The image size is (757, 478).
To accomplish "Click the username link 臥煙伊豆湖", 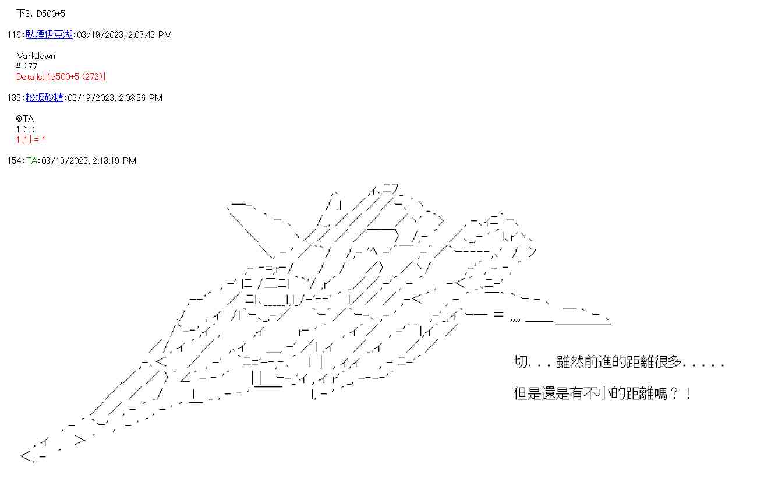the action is point(49,34).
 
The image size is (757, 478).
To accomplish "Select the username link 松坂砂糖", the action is point(44,97).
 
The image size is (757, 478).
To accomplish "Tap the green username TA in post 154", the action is point(32,161).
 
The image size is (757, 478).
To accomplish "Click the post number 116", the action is point(15,35).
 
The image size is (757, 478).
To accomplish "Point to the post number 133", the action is point(15,98).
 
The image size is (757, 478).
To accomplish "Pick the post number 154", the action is point(15,161).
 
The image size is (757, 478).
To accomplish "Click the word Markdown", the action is point(36,56).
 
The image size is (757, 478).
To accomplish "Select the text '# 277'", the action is point(26,66).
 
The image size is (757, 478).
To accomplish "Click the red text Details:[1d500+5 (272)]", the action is point(61,77).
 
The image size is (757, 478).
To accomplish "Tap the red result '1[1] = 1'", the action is point(30,139).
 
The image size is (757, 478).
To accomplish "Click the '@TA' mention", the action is point(24,119).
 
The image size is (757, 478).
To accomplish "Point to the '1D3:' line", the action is point(26,129).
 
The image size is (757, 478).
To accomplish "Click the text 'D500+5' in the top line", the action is point(51,14).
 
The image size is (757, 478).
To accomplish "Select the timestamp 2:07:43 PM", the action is point(150,35).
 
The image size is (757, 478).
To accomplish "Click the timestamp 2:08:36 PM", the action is point(140,98).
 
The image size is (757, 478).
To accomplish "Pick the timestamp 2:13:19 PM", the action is point(114,161).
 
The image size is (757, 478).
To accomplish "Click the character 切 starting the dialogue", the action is point(521,361).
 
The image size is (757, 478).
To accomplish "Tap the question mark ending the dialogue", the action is point(674,393).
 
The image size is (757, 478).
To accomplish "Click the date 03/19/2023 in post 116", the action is point(100,35).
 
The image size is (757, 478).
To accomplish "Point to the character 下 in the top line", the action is point(20,13).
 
